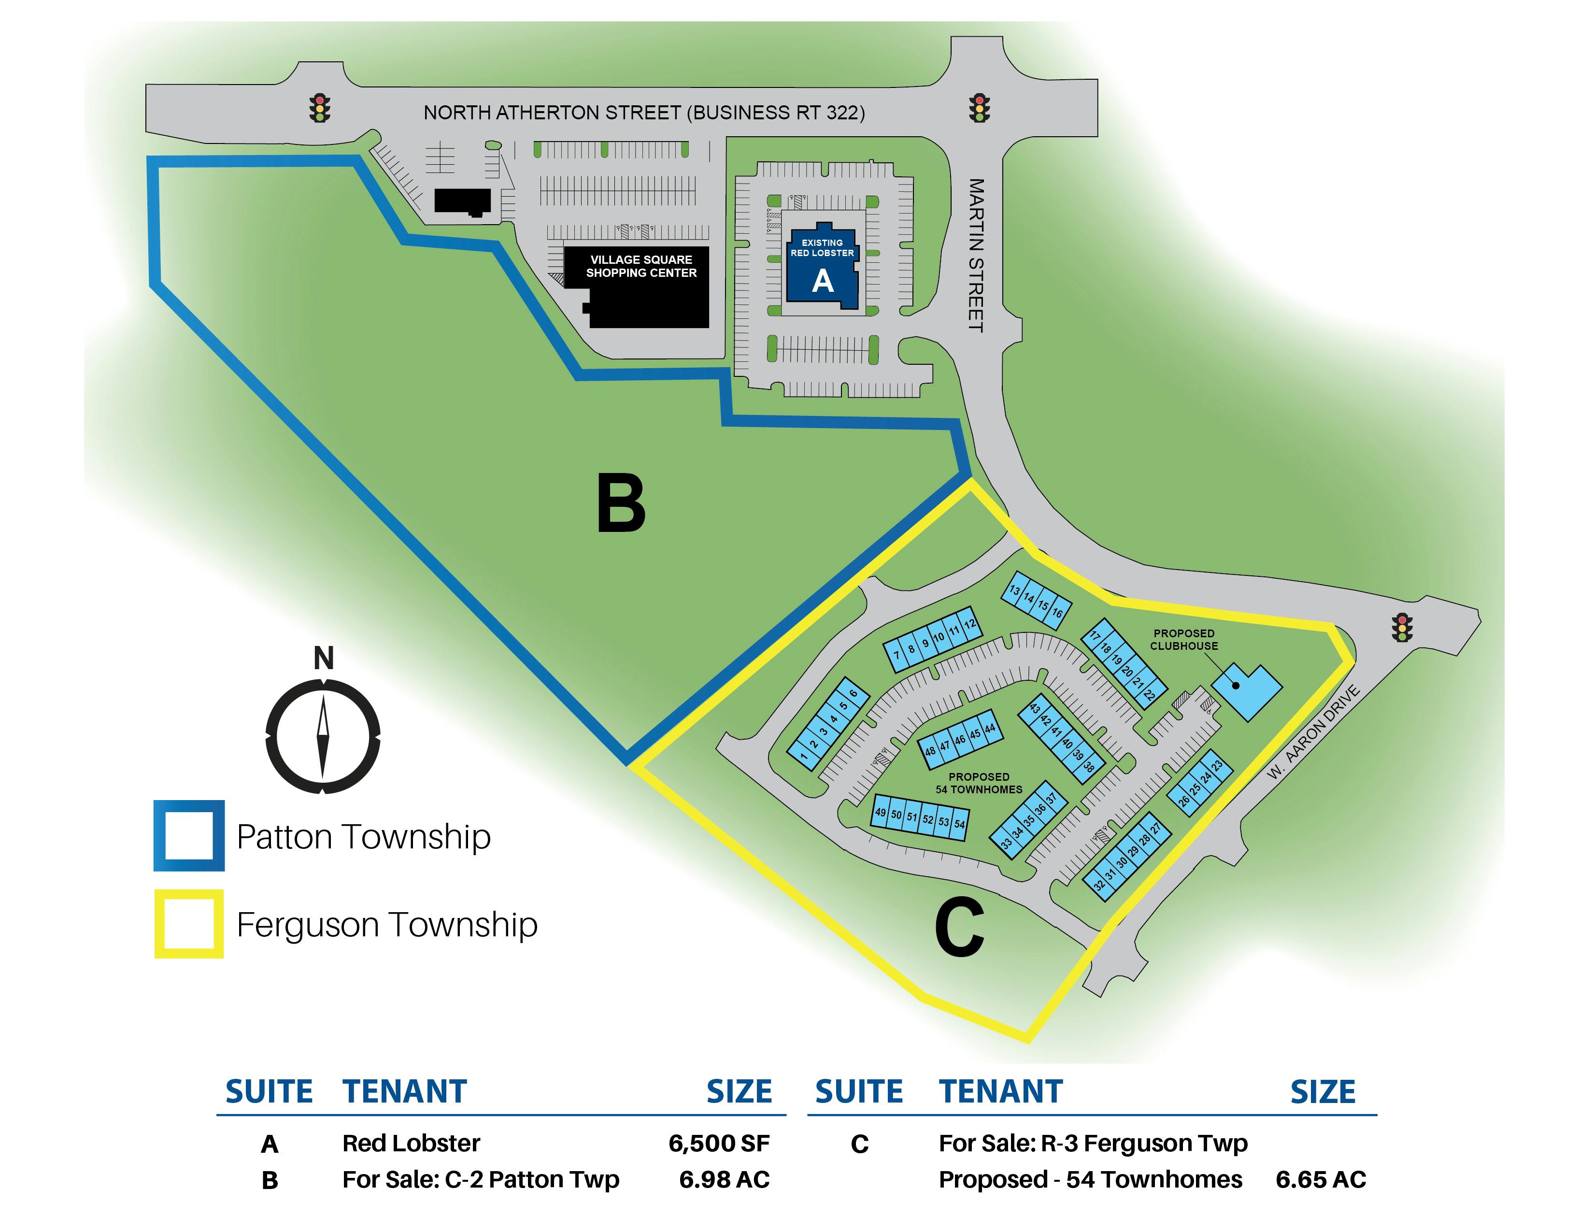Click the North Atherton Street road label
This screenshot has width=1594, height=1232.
point(644,113)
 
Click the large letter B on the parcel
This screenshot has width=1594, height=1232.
point(621,503)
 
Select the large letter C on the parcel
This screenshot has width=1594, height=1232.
point(959,927)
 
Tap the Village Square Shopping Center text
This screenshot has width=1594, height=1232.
point(641,266)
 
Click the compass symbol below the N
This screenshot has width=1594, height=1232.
point(323,736)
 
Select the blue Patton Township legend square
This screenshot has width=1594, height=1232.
point(189,836)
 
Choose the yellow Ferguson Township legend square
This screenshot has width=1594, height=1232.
point(189,923)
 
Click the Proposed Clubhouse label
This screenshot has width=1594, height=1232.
point(1184,639)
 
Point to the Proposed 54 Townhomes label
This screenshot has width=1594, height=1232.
point(979,783)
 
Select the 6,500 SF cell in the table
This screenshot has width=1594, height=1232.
point(719,1143)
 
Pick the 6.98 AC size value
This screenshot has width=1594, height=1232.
point(724,1179)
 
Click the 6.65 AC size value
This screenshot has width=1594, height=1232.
point(1320,1179)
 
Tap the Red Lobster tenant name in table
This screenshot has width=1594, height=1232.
point(411,1143)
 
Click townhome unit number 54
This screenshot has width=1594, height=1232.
point(960,824)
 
